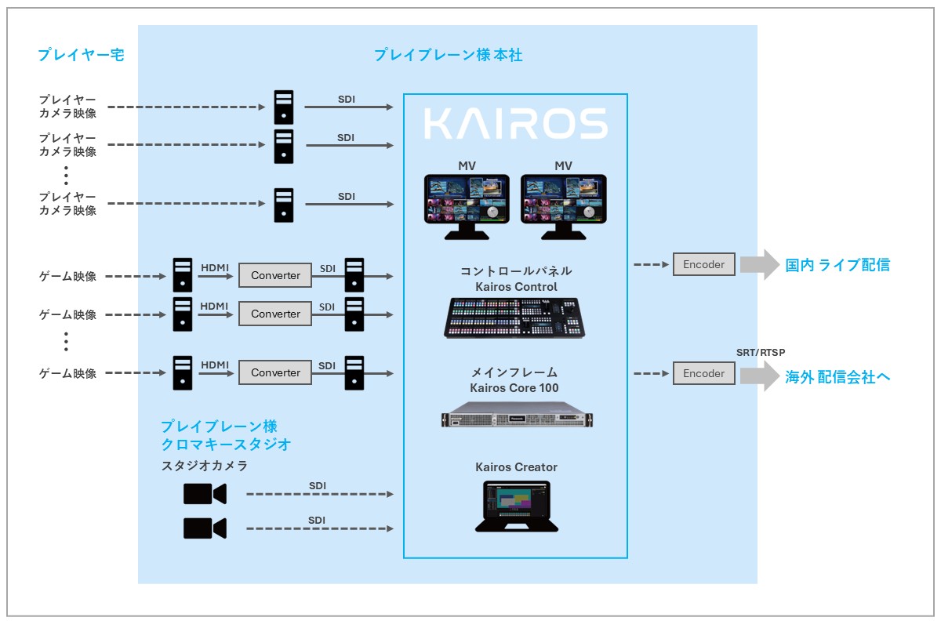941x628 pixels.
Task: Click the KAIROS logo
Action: pos(515,124)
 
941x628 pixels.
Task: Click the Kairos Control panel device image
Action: pos(515,318)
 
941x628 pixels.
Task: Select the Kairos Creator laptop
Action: pos(516,506)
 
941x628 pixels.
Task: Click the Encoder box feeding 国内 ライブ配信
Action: pos(703,264)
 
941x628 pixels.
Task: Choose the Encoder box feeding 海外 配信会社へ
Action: pos(703,373)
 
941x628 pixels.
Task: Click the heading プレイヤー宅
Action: pos(81,55)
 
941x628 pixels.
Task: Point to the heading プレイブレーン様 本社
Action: pos(448,55)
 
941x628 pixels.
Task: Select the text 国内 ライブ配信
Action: pos(837,265)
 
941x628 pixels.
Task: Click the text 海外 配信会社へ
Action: pos(837,377)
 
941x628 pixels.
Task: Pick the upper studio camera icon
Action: pos(205,494)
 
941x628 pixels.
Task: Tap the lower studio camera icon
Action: pos(205,528)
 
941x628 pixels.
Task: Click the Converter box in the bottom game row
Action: pos(275,373)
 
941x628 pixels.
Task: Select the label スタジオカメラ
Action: pos(204,466)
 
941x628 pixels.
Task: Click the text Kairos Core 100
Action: pos(514,388)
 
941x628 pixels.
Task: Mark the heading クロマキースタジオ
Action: pos(226,445)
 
